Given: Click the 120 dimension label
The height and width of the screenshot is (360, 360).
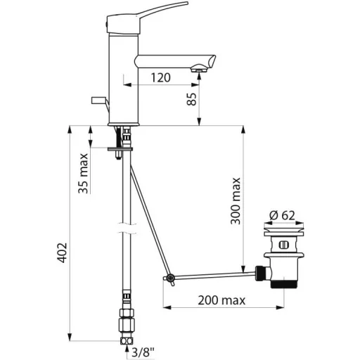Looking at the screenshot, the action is [160, 77].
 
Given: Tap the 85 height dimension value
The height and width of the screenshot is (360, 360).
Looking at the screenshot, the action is [192, 99].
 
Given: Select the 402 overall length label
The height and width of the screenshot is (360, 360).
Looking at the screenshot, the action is [62, 252].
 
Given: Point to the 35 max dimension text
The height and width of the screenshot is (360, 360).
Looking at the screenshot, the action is [83, 174].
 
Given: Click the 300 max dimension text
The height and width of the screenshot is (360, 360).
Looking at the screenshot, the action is [236, 201].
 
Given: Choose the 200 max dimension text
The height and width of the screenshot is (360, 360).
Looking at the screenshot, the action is [221, 300].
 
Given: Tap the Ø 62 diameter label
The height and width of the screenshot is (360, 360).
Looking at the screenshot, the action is [282, 215].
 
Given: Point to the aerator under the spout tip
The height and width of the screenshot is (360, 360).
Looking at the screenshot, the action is [199, 70].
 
